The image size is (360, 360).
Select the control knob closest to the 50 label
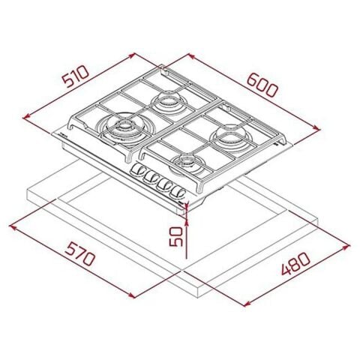pos(178,192)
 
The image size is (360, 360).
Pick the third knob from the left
pos(164,185)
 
